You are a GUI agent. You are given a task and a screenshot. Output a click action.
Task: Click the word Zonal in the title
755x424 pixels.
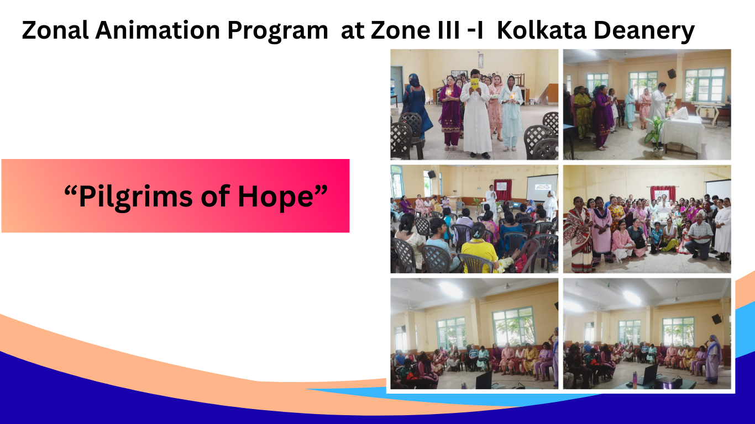tap(55, 30)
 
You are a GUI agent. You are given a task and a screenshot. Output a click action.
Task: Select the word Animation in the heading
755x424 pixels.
tap(158, 30)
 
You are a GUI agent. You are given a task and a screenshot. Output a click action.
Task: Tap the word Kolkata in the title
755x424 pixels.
tap(542, 30)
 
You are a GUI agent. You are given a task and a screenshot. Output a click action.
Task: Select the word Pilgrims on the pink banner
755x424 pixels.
tap(135, 197)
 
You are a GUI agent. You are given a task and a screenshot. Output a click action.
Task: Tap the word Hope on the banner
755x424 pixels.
tap(276, 197)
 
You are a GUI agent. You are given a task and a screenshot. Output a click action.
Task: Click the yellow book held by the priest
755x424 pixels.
tap(475, 84)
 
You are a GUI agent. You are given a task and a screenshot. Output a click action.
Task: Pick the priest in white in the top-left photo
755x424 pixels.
tap(475, 114)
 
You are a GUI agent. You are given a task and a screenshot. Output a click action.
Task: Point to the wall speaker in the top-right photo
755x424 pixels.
tap(672, 73)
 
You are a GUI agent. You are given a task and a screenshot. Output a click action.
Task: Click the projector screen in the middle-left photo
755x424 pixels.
tap(542, 188)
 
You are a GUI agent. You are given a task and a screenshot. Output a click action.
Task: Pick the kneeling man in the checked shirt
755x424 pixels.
tap(699, 237)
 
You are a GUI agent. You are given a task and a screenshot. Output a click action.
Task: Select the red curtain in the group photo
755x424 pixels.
tap(663, 194)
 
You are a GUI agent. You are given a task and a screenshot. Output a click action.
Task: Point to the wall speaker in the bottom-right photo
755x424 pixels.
tap(716, 319)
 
